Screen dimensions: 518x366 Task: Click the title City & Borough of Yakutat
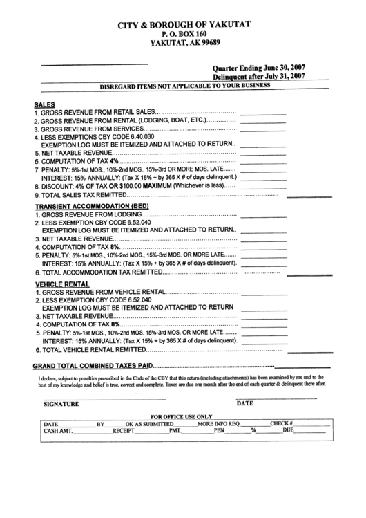tap(182, 24)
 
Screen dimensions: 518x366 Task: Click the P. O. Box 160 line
tap(183, 33)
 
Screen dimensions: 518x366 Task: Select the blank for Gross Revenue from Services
tap(262, 129)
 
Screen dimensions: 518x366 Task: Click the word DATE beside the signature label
tap(245, 403)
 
